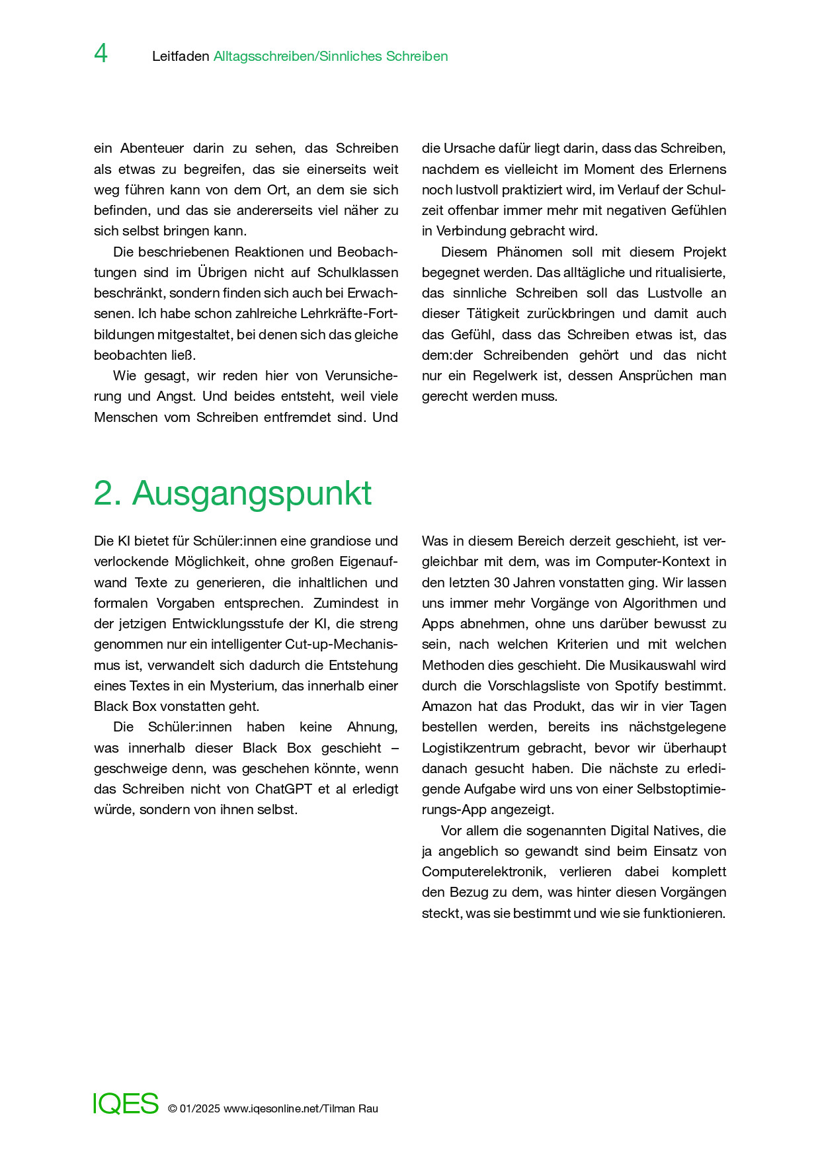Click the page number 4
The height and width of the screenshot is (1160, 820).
pos(101,54)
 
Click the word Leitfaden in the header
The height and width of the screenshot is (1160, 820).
pos(181,57)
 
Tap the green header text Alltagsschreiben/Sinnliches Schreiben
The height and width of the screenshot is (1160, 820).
pos(331,57)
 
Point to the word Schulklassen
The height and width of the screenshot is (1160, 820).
pos(358,272)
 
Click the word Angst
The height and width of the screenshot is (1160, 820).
pos(176,396)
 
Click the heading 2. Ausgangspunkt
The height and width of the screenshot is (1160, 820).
pos(233,493)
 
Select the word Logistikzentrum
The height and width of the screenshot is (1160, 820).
pos(470,748)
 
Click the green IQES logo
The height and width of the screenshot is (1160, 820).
pos(126,1104)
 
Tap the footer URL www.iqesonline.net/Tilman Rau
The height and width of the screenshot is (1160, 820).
pos(301,1109)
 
